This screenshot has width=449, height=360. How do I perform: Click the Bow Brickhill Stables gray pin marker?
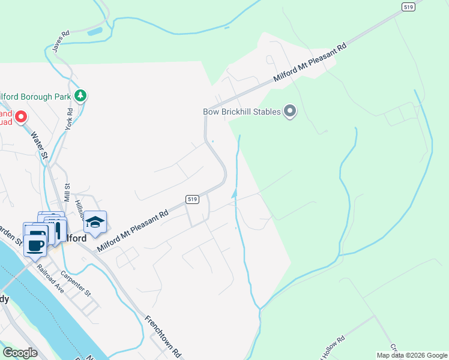click(291, 111)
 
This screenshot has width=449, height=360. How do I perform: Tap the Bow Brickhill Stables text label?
click(241, 111)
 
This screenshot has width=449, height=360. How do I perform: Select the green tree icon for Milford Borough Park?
click(80, 95)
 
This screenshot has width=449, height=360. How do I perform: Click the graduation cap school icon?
click(95, 223)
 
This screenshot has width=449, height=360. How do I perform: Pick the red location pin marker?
click(22, 116)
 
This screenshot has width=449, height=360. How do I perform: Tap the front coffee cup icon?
click(35, 244)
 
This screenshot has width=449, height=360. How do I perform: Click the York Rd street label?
click(70, 119)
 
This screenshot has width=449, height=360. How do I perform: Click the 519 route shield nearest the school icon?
click(192, 199)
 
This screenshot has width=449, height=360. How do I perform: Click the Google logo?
click(20, 353)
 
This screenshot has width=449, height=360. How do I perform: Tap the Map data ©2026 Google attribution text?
click(412, 355)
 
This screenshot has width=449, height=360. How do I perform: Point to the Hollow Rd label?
click(333, 343)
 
